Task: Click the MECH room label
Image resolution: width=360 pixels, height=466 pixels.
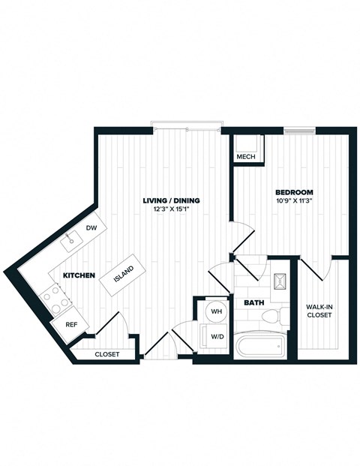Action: [x=245, y=158]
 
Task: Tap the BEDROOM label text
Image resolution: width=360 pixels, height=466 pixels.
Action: [x=293, y=191]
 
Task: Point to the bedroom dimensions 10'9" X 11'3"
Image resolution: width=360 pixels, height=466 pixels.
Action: [x=293, y=200]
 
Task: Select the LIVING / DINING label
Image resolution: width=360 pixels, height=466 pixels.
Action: [x=172, y=201]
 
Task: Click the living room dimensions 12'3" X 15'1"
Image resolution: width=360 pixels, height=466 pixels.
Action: [x=172, y=209]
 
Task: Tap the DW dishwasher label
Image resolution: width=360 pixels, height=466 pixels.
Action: [x=91, y=227]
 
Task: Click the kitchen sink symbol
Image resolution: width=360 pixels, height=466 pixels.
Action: [x=73, y=240]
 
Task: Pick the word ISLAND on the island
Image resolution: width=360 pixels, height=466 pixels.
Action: [x=124, y=275]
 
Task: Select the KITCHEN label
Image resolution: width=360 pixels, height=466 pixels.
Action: [x=79, y=275]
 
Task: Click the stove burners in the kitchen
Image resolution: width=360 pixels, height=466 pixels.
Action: [x=55, y=299]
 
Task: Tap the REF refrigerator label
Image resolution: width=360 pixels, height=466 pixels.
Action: [x=71, y=325]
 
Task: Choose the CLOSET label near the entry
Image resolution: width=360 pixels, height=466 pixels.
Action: [x=106, y=353]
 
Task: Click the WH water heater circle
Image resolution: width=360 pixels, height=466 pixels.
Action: [x=216, y=311]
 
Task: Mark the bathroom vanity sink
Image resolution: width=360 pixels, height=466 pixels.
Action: [x=281, y=281]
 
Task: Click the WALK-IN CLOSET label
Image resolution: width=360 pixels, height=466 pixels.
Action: [x=320, y=311]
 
